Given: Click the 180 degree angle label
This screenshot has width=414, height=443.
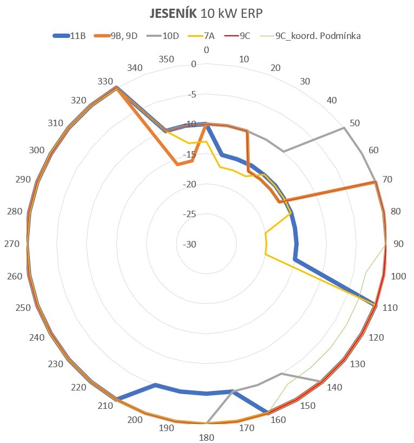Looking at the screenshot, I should click(x=207, y=438).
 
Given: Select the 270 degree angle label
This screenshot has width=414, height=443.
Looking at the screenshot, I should click(x=12, y=244).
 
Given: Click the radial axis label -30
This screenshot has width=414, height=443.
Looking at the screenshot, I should click(x=189, y=244).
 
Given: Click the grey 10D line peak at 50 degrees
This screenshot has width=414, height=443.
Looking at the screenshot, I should click(x=344, y=128).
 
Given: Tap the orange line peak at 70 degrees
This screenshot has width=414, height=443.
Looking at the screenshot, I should click(x=375, y=183).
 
